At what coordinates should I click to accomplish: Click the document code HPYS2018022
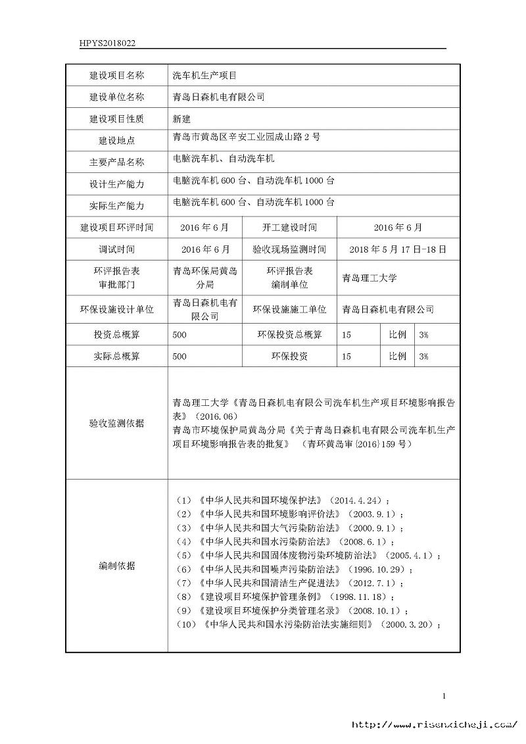107,43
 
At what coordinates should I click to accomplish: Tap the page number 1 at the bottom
444,696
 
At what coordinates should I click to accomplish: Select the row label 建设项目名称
116,76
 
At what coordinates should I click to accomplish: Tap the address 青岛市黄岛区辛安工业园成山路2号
246,137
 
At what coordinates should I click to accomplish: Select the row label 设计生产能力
116,184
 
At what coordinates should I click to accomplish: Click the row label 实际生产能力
116,205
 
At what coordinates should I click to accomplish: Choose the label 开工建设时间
289,228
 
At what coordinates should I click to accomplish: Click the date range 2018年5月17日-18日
398,250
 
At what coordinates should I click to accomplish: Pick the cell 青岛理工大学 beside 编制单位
370,278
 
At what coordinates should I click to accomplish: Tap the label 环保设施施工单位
289,309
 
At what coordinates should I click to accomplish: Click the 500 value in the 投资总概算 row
179,335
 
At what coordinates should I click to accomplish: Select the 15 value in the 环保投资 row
347,357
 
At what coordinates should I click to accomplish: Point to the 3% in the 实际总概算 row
423,357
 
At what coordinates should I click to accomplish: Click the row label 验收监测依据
116,423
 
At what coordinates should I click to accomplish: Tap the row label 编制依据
116,566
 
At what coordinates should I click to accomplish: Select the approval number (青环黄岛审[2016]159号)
360,444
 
